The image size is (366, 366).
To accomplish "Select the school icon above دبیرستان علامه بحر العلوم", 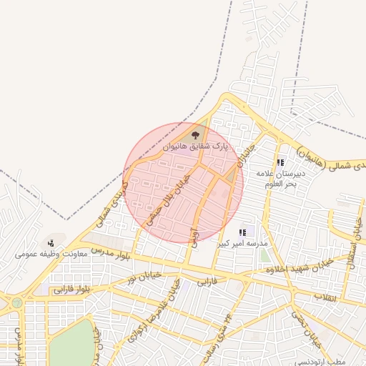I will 280,163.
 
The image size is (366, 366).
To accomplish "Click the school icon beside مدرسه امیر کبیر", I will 243,232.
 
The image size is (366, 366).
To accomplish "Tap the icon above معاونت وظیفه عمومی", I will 50,244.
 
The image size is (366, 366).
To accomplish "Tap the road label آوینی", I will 194,234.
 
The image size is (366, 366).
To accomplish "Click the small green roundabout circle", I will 16,303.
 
